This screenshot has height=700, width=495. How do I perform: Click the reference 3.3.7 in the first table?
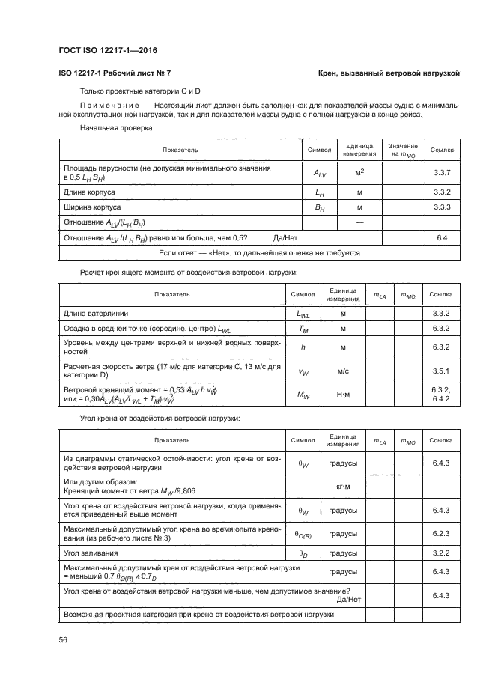point(441,174)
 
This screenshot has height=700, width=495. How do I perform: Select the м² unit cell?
point(359,174)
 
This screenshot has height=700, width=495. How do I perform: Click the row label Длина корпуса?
point(88,192)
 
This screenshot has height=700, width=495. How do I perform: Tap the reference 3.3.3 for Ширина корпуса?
point(441,207)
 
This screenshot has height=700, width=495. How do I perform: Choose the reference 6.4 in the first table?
point(441,237)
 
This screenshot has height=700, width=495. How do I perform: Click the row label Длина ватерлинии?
point(95,312)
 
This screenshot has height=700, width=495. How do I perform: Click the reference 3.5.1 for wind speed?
point(440,371)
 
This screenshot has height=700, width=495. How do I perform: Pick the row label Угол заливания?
point(89,553)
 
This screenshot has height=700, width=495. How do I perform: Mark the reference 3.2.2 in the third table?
point(440,553)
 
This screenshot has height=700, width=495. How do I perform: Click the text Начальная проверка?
point(112,129)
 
